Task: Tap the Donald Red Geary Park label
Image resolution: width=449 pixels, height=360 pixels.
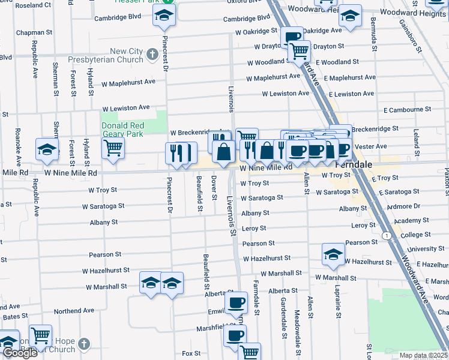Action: pos(122,130)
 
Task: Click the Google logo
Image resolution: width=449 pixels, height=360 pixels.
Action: pos(19,353)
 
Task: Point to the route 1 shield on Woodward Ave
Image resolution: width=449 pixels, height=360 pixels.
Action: pos(389,235)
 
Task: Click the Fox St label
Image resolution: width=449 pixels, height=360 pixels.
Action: pos(191,353)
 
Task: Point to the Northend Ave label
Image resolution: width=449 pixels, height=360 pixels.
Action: pos(74,311)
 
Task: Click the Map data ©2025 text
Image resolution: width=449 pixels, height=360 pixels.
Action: pos(423,355)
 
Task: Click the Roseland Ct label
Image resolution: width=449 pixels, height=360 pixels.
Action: pos(33,5)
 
